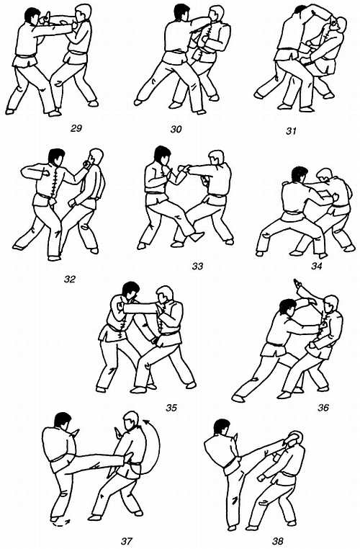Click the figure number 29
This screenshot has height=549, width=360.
(x=76, y=128)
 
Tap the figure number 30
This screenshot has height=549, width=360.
(x=176, y=129)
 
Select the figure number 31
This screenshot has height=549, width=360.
(x=291, y=131)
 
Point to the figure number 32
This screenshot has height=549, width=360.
(x=70, y=279)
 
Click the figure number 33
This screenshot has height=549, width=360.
(x=197, y=267)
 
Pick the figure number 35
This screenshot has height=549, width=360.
(x=171, y=408)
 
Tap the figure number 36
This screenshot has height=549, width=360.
(x=323, y=408)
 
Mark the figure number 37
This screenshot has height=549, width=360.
(x=127, y=541)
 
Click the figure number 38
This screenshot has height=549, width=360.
(x=277, y=541)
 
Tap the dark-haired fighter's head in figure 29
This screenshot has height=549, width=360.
(x=32, y=17)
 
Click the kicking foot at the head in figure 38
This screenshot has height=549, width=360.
(x=294, y=437)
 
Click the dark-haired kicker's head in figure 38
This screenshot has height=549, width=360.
(x=222, y=427)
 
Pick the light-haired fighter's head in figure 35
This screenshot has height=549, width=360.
(x=164, y=295)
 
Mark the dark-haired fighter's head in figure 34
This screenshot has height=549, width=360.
(x=299, y=174)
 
